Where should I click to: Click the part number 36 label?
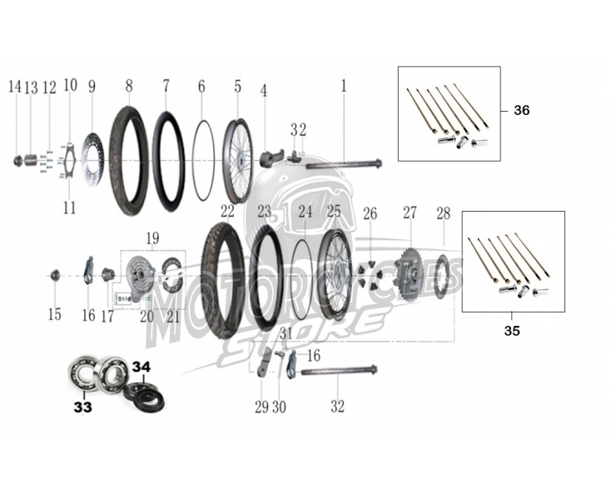(x=522, y=110)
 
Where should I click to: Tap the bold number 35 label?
(x=512, y=331)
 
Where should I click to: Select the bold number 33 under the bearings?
(x=83, y=407)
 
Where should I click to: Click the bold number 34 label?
(x=141, y=367)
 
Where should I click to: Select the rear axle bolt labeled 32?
(x=339, y=372)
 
